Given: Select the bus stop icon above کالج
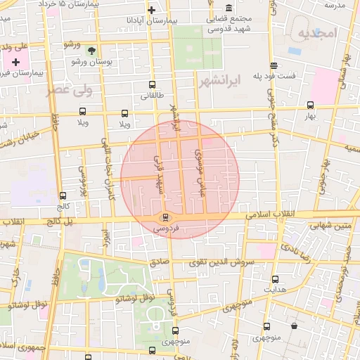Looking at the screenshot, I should pos(63,196).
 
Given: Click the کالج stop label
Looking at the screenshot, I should pos(63,207).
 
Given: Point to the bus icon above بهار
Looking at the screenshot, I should pos(311,105).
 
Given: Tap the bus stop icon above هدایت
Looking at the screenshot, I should pos(274,279).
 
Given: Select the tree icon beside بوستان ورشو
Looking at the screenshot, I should pos(91,50).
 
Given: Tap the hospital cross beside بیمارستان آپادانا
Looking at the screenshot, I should pos(151,11).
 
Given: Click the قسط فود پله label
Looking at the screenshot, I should pos(288,75).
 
